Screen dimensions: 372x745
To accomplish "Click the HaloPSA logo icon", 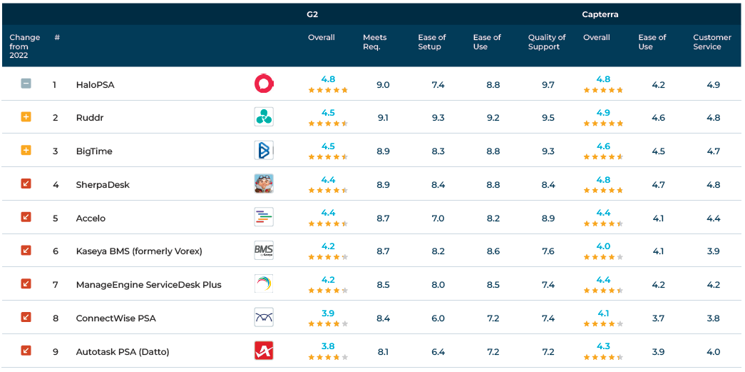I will tap(264, 84).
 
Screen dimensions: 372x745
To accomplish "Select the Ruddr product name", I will tap(90, 118).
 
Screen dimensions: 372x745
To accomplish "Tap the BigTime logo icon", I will tap(264, 151).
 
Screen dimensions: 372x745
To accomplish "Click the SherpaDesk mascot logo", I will tap(264, 184).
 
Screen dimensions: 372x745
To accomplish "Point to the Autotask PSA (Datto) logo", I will tap(264, 351).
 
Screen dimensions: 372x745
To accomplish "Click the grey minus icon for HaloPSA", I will tap(26, 84).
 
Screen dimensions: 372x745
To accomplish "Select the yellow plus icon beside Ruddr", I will tap(26, 117).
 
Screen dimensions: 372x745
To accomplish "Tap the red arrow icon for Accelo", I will tap(26, 217).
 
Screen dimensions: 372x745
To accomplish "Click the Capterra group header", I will tap(600, 14).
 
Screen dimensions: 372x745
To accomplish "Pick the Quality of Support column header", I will tap(547, 42).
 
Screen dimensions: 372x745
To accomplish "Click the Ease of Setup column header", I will tap(432, 42).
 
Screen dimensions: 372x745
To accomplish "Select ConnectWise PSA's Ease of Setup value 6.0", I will tap(438, 318).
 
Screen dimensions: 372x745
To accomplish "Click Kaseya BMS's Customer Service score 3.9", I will tap(713, 251).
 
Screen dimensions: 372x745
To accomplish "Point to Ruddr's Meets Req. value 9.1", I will tap(383, 118).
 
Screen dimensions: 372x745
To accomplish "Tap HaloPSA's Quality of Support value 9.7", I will tap(548, 85).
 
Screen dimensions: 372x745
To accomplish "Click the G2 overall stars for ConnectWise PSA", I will tap(328, 323).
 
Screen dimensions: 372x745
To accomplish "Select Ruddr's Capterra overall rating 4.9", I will tap(603, 112).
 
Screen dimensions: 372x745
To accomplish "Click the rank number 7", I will tap(55, 285).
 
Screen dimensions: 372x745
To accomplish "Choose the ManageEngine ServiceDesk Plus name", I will tap(148, 285).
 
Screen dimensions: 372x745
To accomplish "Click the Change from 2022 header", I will tap(25, 46).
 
